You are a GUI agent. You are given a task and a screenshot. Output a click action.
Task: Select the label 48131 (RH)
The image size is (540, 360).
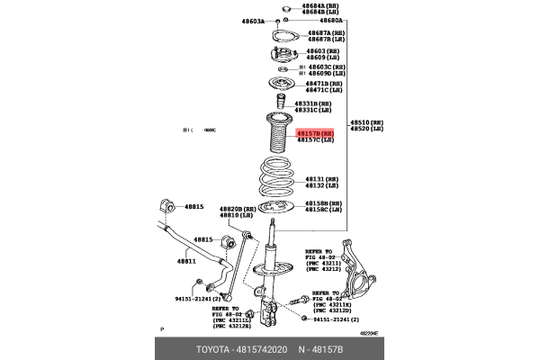click(x=319, y=178)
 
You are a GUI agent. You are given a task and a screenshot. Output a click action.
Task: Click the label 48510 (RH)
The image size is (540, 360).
click(x=366, y=121)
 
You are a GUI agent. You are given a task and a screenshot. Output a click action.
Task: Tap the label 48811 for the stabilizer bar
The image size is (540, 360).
click(x=186, y=261)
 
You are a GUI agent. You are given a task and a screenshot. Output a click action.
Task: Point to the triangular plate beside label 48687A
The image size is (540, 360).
click(x=284, y=37)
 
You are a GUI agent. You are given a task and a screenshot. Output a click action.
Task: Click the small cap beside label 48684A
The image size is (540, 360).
click(x=284, y=9)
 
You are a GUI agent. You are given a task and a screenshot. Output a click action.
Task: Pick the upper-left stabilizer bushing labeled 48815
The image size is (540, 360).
click(x=164, y=204)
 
